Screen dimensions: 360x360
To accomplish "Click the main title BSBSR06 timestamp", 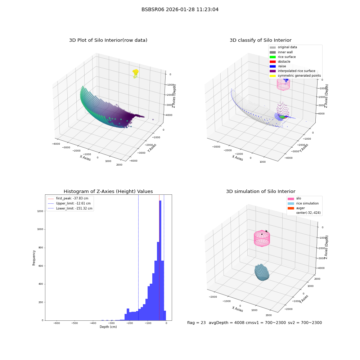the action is [x=180, y=9].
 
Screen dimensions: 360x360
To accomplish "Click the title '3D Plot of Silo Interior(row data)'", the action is [x=108, y=40].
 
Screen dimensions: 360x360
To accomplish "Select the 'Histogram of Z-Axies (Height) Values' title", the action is [x=108, y=191].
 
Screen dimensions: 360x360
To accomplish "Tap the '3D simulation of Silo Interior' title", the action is [x=261, y=191].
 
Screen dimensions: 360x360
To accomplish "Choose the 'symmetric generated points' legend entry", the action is [x=295, y=76].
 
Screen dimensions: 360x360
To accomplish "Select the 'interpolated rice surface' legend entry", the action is [x=292, y=71].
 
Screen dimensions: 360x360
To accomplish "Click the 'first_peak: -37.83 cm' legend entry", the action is [x=68, y=198].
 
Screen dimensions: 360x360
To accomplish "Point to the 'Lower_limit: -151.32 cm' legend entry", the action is [x=70, y=208].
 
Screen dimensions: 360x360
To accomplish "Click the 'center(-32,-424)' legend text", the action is [x=309, y=213].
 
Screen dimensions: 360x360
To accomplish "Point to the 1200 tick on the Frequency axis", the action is [x=40, y=211].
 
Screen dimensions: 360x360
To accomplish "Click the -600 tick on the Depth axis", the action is [x=57, y=323].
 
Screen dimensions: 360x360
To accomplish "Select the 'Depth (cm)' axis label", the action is [x=108, y=327].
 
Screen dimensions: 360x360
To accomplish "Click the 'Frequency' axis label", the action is [x=34, y=258].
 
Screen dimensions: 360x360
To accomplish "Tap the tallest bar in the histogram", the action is [x=160, y=260].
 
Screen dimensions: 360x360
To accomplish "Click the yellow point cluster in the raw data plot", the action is [x=135, y=73].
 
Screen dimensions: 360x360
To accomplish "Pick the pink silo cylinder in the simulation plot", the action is [x=262, y=238].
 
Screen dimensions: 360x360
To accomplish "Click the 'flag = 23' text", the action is [x=196, y=323].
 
